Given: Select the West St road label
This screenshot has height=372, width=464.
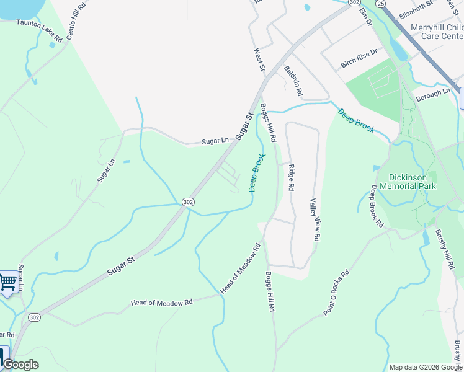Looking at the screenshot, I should pyautogui.click(x=260, y=60).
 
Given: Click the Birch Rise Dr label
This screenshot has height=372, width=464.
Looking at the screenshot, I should pyautogui.click(x=359, y=60).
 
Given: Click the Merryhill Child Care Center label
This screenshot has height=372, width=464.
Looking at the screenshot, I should pyautogui.click(x=437, y=32).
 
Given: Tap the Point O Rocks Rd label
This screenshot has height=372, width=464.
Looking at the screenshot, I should pyautogui.click(x=337, y=293).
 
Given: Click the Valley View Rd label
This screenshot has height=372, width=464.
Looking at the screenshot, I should pyautogui.click(x=315, y=219).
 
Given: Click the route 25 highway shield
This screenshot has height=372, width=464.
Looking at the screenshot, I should pyautogui.click(x=380, y=4).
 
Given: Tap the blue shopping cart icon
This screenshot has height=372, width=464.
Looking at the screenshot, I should pyautogui.click(x=7, y=283).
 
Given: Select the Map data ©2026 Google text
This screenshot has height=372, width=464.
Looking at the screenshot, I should pyautogui.click(x=425, y=367).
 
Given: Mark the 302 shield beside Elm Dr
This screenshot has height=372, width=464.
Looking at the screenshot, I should pyautogui.click(x=354, y=2).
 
